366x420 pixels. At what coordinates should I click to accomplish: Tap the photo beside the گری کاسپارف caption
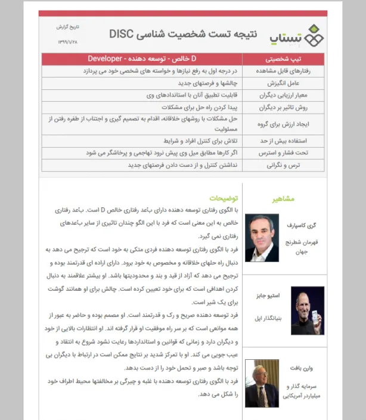(262, 238)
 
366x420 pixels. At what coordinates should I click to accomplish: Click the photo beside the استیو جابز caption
(308, 310)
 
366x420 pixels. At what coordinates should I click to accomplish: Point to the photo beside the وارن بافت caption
(262, 384)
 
